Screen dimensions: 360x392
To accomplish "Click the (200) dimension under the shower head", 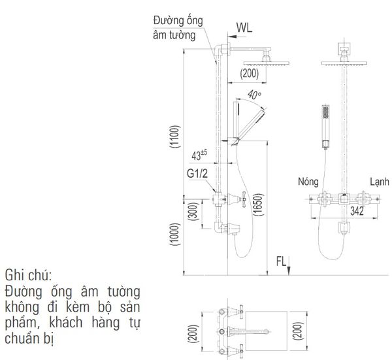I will coord(250,74).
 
